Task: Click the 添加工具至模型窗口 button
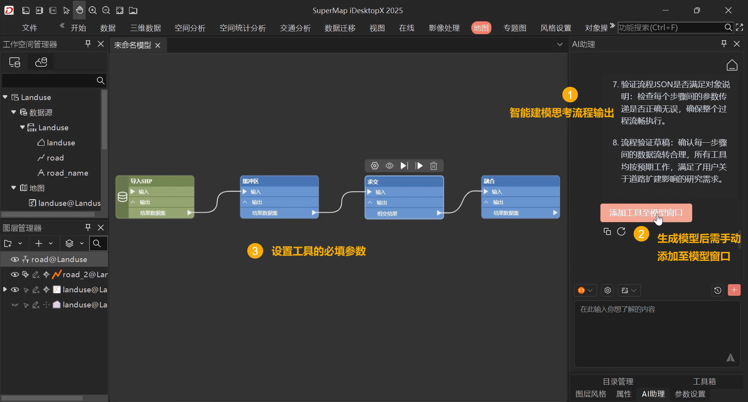(x=646, y=213)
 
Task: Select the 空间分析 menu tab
(x=190, y=28)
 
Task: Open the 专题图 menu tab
(x=515, y=28)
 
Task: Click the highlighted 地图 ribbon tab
(x=481, y=28)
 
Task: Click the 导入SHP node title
(x=141, y=181)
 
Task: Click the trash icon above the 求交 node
(x=434, y=166)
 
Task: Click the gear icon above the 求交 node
(x=374, y=166)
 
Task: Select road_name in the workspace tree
(x=67, y=173)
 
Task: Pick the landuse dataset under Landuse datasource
(x=61, y=143)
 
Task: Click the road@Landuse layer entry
(x=59, y=259)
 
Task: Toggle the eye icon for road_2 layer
(x=15, y=274)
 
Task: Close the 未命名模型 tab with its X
(x=158, y=45)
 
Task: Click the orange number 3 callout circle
(x=255, y=251)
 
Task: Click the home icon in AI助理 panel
(x=732, y=65)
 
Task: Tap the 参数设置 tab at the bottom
(x=690, y=394)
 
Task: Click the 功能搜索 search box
(x=671, y=28)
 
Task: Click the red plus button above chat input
(x=734, y=290)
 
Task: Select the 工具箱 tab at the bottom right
(x=704, y=381)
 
